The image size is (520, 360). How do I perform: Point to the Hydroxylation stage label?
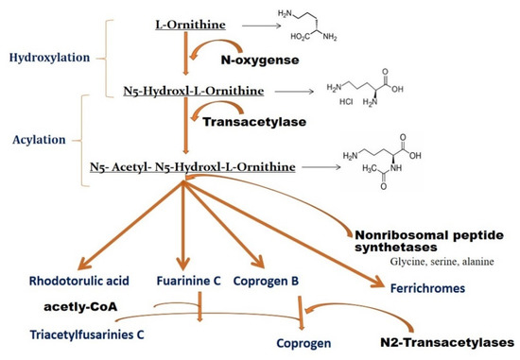point(46,57)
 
